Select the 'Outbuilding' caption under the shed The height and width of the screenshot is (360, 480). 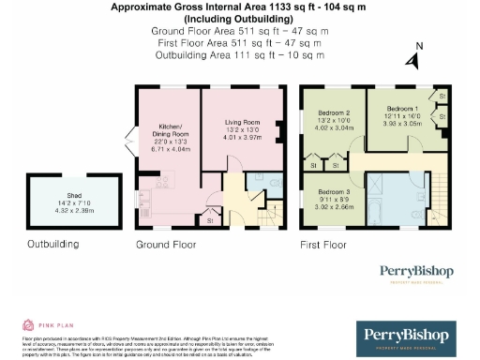click(x=53, y=246)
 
